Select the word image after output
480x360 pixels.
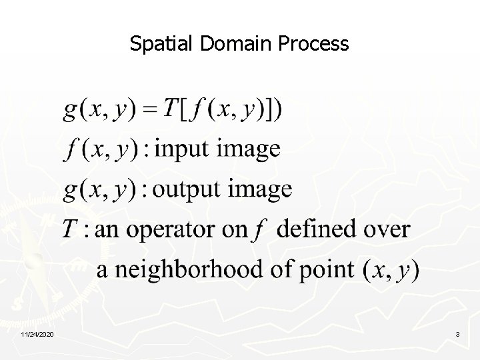tap(261, 189)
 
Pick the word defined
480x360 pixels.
tap(317, 229)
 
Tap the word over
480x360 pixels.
tap(386, 230)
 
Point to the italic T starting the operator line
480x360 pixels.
tap(71, 229)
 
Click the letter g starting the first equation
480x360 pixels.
tap(70, 111)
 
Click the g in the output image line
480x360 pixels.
tap(70, 191)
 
